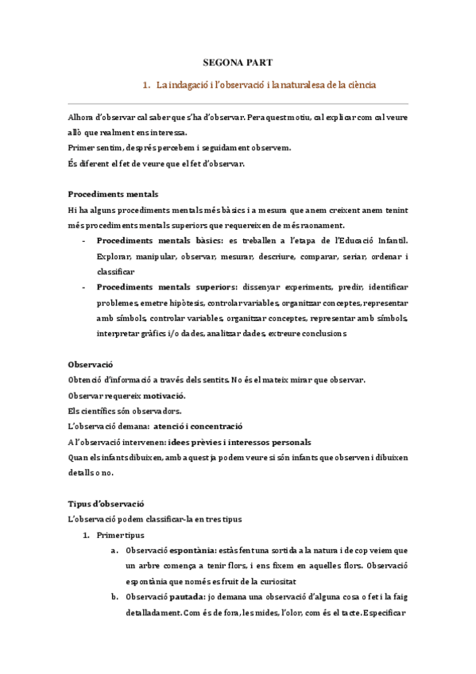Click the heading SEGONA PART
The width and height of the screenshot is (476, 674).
pyautogui.click(x=238, y=62)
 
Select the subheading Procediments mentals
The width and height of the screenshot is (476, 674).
pyautogui.click(x=113, y=193)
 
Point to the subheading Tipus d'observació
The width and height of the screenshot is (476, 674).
pyautogui.click(x=106, y=503)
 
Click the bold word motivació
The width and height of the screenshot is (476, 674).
pyautogui.click(x=162, y=395)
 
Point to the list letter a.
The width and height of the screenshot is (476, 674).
pyautogui.click(x=115, y=550)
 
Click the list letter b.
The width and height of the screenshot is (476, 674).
pyautogui.click(x=115, y=597)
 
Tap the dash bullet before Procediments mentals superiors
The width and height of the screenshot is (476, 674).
pyautogui.click(x=85, y=286)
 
